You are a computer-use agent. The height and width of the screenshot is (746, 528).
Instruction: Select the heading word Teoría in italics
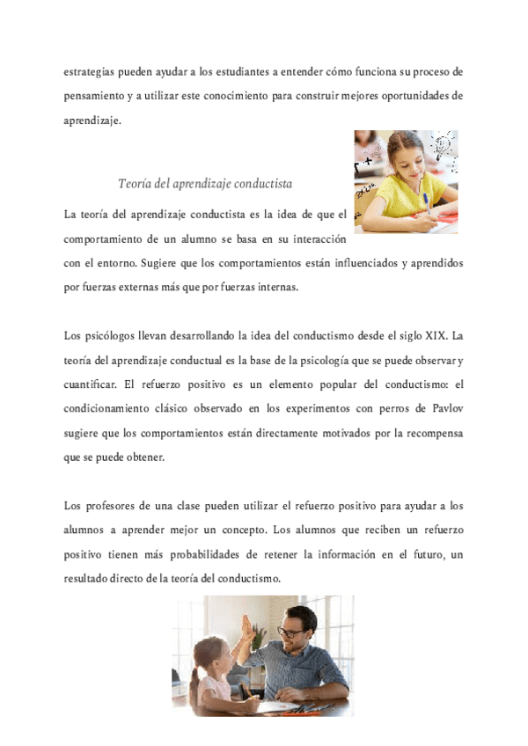click(136, 184)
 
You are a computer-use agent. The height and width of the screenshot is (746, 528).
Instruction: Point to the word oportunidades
click(411, 96)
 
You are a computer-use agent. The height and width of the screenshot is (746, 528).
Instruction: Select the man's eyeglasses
click(290, 631)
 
